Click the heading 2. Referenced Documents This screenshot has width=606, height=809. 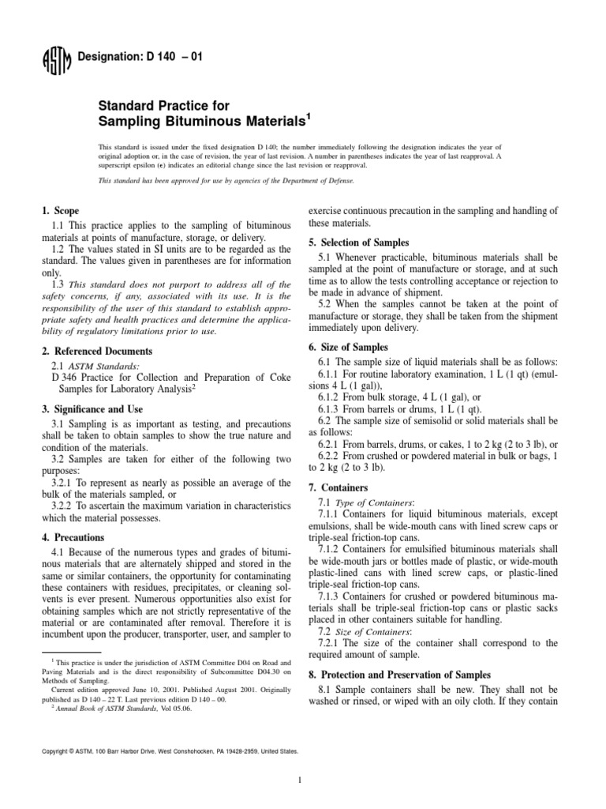[x=96, y=350]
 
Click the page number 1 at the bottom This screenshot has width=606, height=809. [x=301, y=781]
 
